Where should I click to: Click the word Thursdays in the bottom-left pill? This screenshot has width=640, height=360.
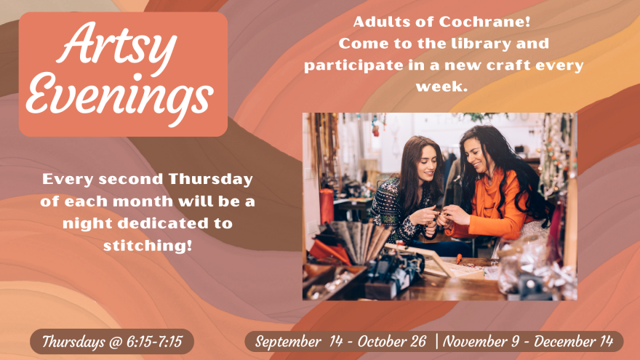point(76,341)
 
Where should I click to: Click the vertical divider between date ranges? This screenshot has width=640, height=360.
point(437,341)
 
